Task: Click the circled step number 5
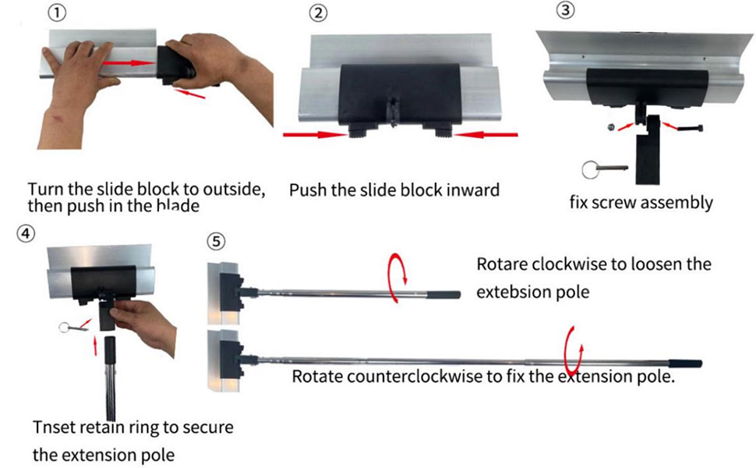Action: (x=217, y=241)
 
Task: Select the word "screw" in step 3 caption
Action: (x=617, y=203)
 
